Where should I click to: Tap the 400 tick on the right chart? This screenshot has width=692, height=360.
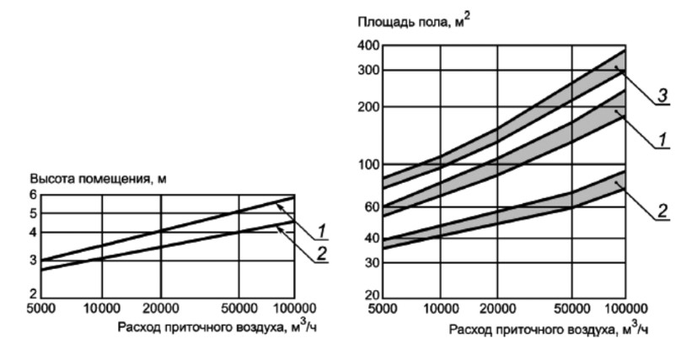367,44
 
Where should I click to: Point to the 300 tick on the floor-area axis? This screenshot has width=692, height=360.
367,71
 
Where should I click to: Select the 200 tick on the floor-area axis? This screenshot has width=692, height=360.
367,107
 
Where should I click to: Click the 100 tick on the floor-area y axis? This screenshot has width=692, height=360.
367,164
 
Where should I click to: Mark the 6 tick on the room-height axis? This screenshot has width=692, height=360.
34,194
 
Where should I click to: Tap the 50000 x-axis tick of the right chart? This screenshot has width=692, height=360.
573,309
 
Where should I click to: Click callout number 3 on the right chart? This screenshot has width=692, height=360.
663,96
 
